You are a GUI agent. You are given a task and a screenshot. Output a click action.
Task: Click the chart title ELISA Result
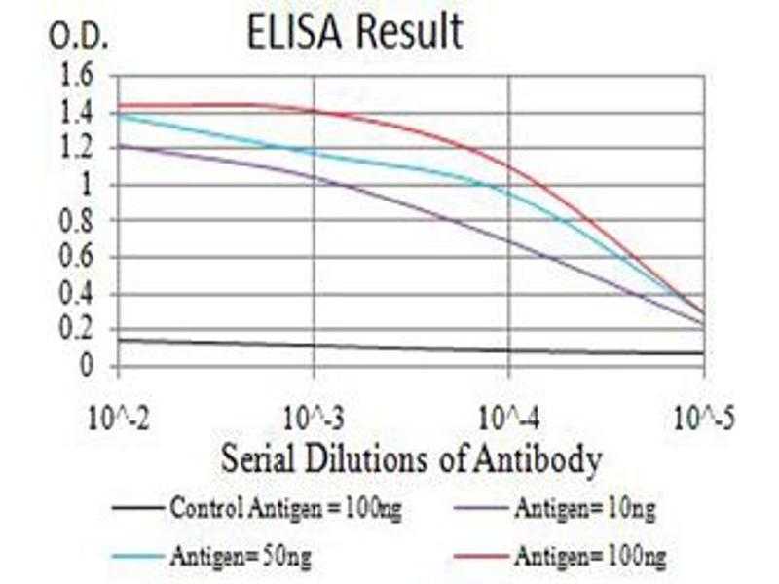click(354, 33)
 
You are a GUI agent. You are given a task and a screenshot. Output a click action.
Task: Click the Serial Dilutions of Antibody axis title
click(410, 458)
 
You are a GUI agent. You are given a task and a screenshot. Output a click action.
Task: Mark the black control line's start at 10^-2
click(119, 339)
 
